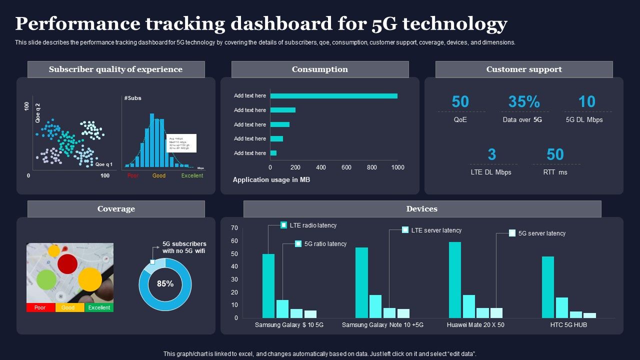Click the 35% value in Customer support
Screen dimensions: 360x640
pyautogui.click(x=524, y=102)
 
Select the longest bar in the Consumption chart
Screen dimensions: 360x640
pyautogui.click(x=333, y=96)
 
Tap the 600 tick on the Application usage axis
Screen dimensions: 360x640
pyautogui.click(x=346, y=167)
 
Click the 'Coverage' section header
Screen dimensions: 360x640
pyautogui.click(x=116, y=209)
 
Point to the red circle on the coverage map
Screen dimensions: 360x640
pyautogui.click(x=67, y=263)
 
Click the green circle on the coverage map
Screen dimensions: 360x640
pyautogui.click(x=46, y=279)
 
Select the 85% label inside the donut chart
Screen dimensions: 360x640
pyautogui.click(x=165, y=284)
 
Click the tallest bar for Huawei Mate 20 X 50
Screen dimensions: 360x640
pyautogui.click(x=455, y=280)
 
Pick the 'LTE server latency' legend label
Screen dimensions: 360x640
pyautogui.click(x=436, y=230)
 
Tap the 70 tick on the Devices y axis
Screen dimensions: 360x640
pyautogui.click(x=234, y=228)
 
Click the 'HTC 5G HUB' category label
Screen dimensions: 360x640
pyautogui.click(x=568, y=325)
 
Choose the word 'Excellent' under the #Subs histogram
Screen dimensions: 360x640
pyautogui.click(x=192, y=175)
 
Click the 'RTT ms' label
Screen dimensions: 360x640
pyautogui.click(x=555, y=172)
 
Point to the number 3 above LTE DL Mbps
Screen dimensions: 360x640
pyautogui.click(x=491, y=154)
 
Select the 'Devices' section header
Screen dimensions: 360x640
pyautogui.click(x=422, y=209)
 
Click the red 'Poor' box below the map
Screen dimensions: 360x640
pyautogui.click(x=40, y=307)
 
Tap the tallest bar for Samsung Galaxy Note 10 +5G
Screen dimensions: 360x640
pyautogui.click(x=361, y=282)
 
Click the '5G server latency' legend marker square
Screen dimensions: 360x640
pyautogui.click(x=512, y=233)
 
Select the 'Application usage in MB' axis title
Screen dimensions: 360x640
pyautogui.click(x=271, y=179)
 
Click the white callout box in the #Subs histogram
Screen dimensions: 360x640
pyautogui.click(x=181, y=143)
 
